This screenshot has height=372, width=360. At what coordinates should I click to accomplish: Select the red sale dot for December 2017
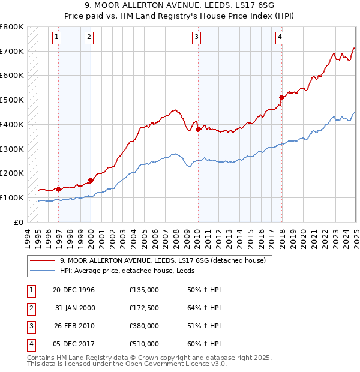281,97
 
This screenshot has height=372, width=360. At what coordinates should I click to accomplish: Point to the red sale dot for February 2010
198,128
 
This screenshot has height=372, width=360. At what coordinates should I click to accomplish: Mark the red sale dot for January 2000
91,179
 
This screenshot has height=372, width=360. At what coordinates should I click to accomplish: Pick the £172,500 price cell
143,308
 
